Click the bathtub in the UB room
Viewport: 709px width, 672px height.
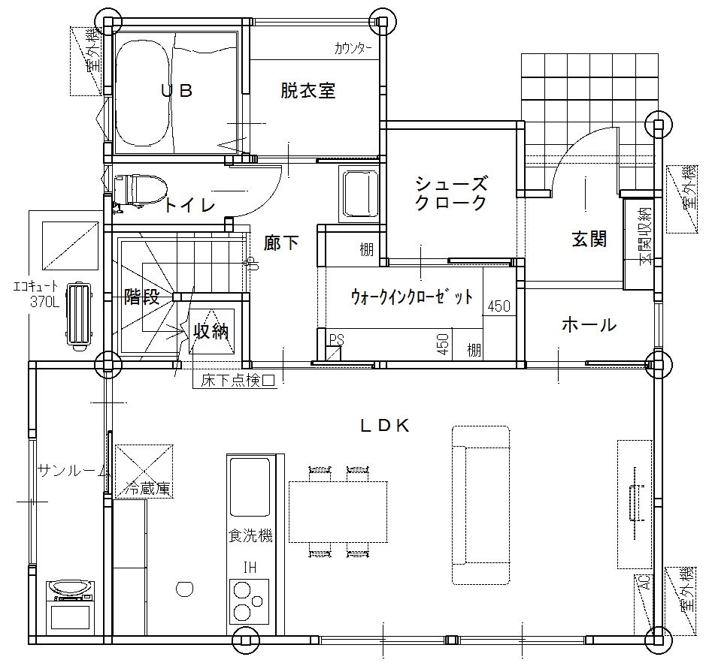(x=141, y=94)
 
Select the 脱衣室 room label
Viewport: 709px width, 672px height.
(x=308, y=90)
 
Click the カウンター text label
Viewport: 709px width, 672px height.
(x=353, y=48)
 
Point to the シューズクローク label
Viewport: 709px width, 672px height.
(x=451, y=193)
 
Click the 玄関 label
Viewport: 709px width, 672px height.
(x=589, y=239)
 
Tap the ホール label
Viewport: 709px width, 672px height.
(x=589, y=324)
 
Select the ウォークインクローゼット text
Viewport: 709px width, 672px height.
(x=412, y=297)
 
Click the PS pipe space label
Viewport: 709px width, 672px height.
(x=336, y=339)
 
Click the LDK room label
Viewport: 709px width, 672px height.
(x=385, y=426)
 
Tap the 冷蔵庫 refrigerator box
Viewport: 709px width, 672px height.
(x=144, y=470)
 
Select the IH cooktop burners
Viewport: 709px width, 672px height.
(x=249, y=601)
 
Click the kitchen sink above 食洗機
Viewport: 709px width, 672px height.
(x=250, y=487)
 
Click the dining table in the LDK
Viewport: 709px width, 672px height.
(x=338, y=512)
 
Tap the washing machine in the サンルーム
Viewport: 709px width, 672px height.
(x=71, y=607)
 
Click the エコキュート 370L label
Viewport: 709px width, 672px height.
(x=36, y=294)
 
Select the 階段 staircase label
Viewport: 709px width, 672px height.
(x=142, y=297)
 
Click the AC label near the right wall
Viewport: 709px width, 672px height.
(x=645, y=581)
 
